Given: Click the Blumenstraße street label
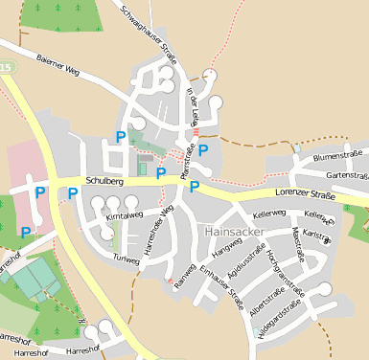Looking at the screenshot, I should click(x=340, y=154).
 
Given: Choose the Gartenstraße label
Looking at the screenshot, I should click(x=347, y=175).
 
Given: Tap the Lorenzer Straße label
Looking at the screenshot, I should click(x=304, y=194).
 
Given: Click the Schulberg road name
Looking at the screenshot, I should click(x=104, y=180).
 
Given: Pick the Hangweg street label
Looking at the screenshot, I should click(x=226, y=248).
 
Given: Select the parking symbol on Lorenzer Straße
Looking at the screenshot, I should click(x=195, y=186).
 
